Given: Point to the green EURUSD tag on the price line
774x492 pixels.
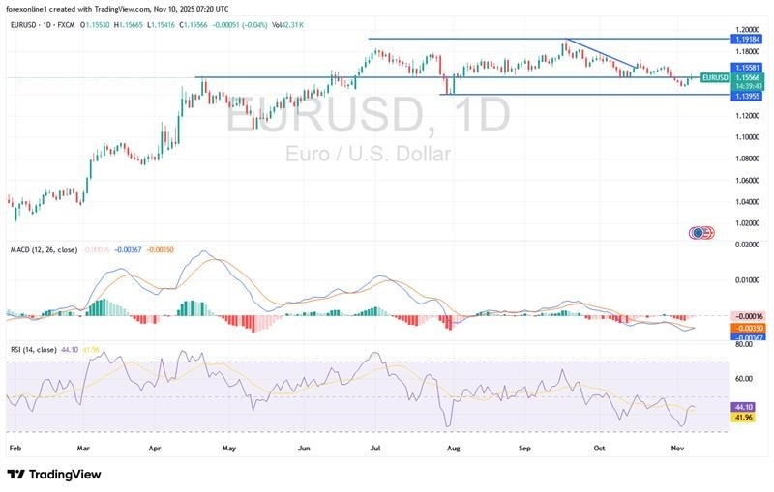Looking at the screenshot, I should (x=715, y=77).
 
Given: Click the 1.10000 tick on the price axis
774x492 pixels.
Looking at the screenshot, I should (x=746, y=137).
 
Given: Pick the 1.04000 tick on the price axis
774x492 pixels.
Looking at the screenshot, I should (x=746, y=202).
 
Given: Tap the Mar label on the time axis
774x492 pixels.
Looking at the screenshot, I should (x=83, y=449).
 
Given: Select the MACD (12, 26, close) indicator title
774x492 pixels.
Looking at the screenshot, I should (x=43, y=249).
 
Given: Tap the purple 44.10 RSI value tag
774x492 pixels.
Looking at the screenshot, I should (x=742, y=408).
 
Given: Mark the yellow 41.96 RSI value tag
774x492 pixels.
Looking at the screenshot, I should (x=742, y=418).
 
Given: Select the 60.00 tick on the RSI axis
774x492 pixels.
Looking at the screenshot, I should (x=744, y=379).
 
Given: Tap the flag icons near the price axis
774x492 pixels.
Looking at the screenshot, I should (x=701, y=232).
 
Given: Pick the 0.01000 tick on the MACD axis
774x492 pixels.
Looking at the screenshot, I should (x=746, y=280).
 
